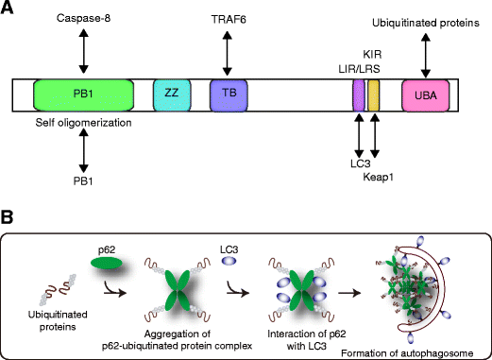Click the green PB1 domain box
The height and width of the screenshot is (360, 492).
click(83, 95)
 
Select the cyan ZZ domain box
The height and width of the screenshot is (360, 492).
click(172, 95)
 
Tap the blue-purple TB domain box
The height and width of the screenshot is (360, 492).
click(227, 95)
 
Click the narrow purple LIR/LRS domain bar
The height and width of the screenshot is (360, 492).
click(358, 95)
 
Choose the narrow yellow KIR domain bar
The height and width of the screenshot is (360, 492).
click(374, 95)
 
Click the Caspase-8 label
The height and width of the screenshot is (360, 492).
click(83, 18)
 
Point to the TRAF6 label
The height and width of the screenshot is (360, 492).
click(227, 18)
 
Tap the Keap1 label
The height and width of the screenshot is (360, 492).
click(380, 175)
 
